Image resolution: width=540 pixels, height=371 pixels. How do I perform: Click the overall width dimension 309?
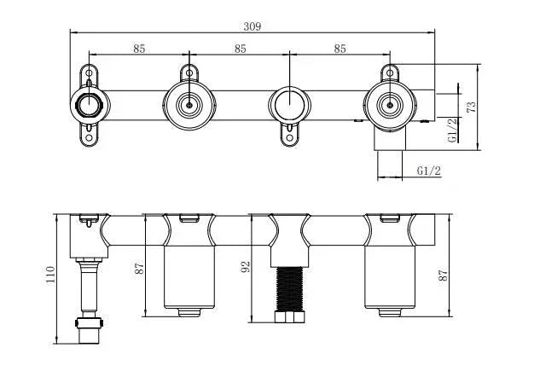[x=252, y=26]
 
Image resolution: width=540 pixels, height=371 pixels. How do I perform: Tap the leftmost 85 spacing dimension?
[x=139, y=49]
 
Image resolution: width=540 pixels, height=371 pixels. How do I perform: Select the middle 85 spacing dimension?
[x=240, y=49]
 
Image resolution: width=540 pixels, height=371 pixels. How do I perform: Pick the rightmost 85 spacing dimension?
[x=340, y=49]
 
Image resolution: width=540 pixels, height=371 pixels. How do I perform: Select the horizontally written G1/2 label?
[x=429, y=171]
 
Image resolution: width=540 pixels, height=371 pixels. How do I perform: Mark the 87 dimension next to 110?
[x=140, y=266]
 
